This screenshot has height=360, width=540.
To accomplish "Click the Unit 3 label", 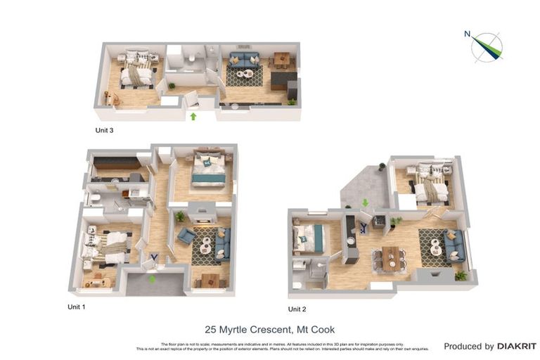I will pyautogui.click(x=105, y=130).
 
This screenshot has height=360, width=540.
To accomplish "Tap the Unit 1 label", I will pyautogui.click(x=77, y=307).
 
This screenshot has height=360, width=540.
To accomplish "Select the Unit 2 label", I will pyautogui.click(x=297, y=309).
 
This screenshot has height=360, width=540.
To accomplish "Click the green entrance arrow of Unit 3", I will pyautogui.click(x=193, y=116).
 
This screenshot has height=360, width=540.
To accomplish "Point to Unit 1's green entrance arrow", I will pyautogui.click(x=152, y=279).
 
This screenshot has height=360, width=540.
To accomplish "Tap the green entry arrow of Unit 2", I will pyautogui.click(x=364, y=203).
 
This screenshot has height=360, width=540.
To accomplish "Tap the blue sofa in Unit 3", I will pyautogui.click(x=244, y=59).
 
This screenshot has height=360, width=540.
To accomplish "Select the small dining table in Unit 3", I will pyautogui.click(x=281, y=59).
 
